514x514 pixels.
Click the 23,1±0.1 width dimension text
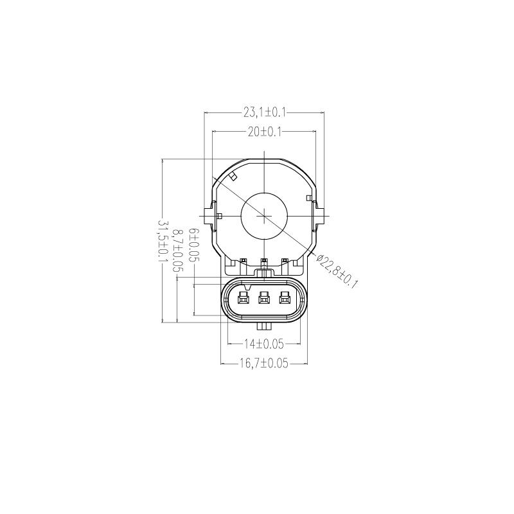click(264, 112)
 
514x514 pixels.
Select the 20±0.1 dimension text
click(264, 132)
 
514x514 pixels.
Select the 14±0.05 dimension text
click(264, 343)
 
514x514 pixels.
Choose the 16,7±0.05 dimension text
click(264, 363)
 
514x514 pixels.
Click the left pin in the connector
click(244, 297)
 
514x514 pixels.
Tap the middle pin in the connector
click(263, 297)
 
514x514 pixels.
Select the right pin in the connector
click(283, 297)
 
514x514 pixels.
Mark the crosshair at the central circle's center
click(264, 217)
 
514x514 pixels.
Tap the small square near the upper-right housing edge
click(309, 197)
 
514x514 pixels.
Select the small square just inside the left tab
click(220, 216)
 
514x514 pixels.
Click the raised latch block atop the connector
click(263, 274)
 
